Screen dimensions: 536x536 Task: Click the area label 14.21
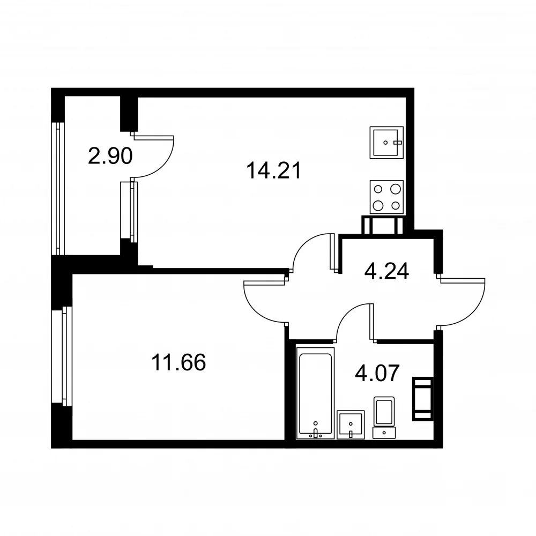click(x=273, y=170)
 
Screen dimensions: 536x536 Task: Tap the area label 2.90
click(x=110, y=156)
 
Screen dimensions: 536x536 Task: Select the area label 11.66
click(x=178, y=362)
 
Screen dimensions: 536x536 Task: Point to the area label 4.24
click(x=386, y=272)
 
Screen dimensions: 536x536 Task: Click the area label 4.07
click(x=377, y=373)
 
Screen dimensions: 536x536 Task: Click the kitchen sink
click(x=386, y=143)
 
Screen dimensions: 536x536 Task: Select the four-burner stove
click(x=386, y=197)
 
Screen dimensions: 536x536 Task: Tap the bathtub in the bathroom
click(x=315, y=393)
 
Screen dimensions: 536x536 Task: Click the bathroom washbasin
click(x=351, y=425)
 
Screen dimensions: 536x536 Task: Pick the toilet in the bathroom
click(x=384, y=418)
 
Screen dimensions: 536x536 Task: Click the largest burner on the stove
click(x=378, y=205)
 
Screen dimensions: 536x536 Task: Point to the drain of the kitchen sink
click(x=385, y=143)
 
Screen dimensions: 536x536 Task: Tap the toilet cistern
click(x=384, y=433)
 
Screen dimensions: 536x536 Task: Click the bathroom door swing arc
click(x=346, y=313)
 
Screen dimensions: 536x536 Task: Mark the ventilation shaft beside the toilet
click(x=423, y=399)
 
